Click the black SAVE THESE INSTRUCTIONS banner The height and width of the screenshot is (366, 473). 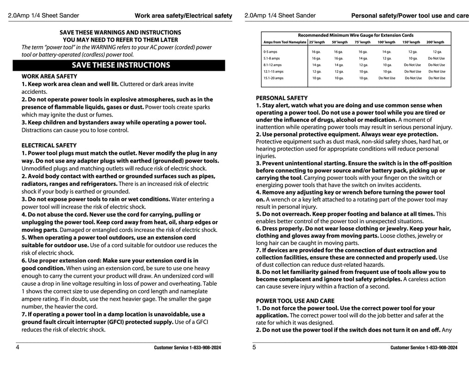(121, 65)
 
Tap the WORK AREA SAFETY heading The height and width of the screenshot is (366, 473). (49, 76)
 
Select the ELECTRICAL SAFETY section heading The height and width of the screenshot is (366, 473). (49, 146)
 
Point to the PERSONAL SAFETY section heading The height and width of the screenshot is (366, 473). (281, 98)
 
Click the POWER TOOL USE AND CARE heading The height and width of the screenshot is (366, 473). (295, 301)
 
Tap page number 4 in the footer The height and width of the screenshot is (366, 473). (18, 348)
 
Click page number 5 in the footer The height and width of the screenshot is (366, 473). (254, 348)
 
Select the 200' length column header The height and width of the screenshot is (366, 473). (435, 42)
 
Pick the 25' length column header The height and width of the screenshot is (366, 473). (316, 42)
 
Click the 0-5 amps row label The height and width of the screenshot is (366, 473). (270, 52)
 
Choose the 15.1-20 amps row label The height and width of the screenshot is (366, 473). (273, 78)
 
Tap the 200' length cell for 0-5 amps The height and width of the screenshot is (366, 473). (437, 52)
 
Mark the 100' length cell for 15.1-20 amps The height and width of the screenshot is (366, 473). (387, 78)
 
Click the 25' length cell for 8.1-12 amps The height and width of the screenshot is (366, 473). (316, 65)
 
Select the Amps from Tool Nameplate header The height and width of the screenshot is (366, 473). (285, 42)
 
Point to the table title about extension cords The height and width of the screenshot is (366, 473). (356, 35)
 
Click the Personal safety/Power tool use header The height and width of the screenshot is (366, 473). (410, 16)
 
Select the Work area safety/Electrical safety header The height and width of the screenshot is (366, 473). (183, 16)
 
